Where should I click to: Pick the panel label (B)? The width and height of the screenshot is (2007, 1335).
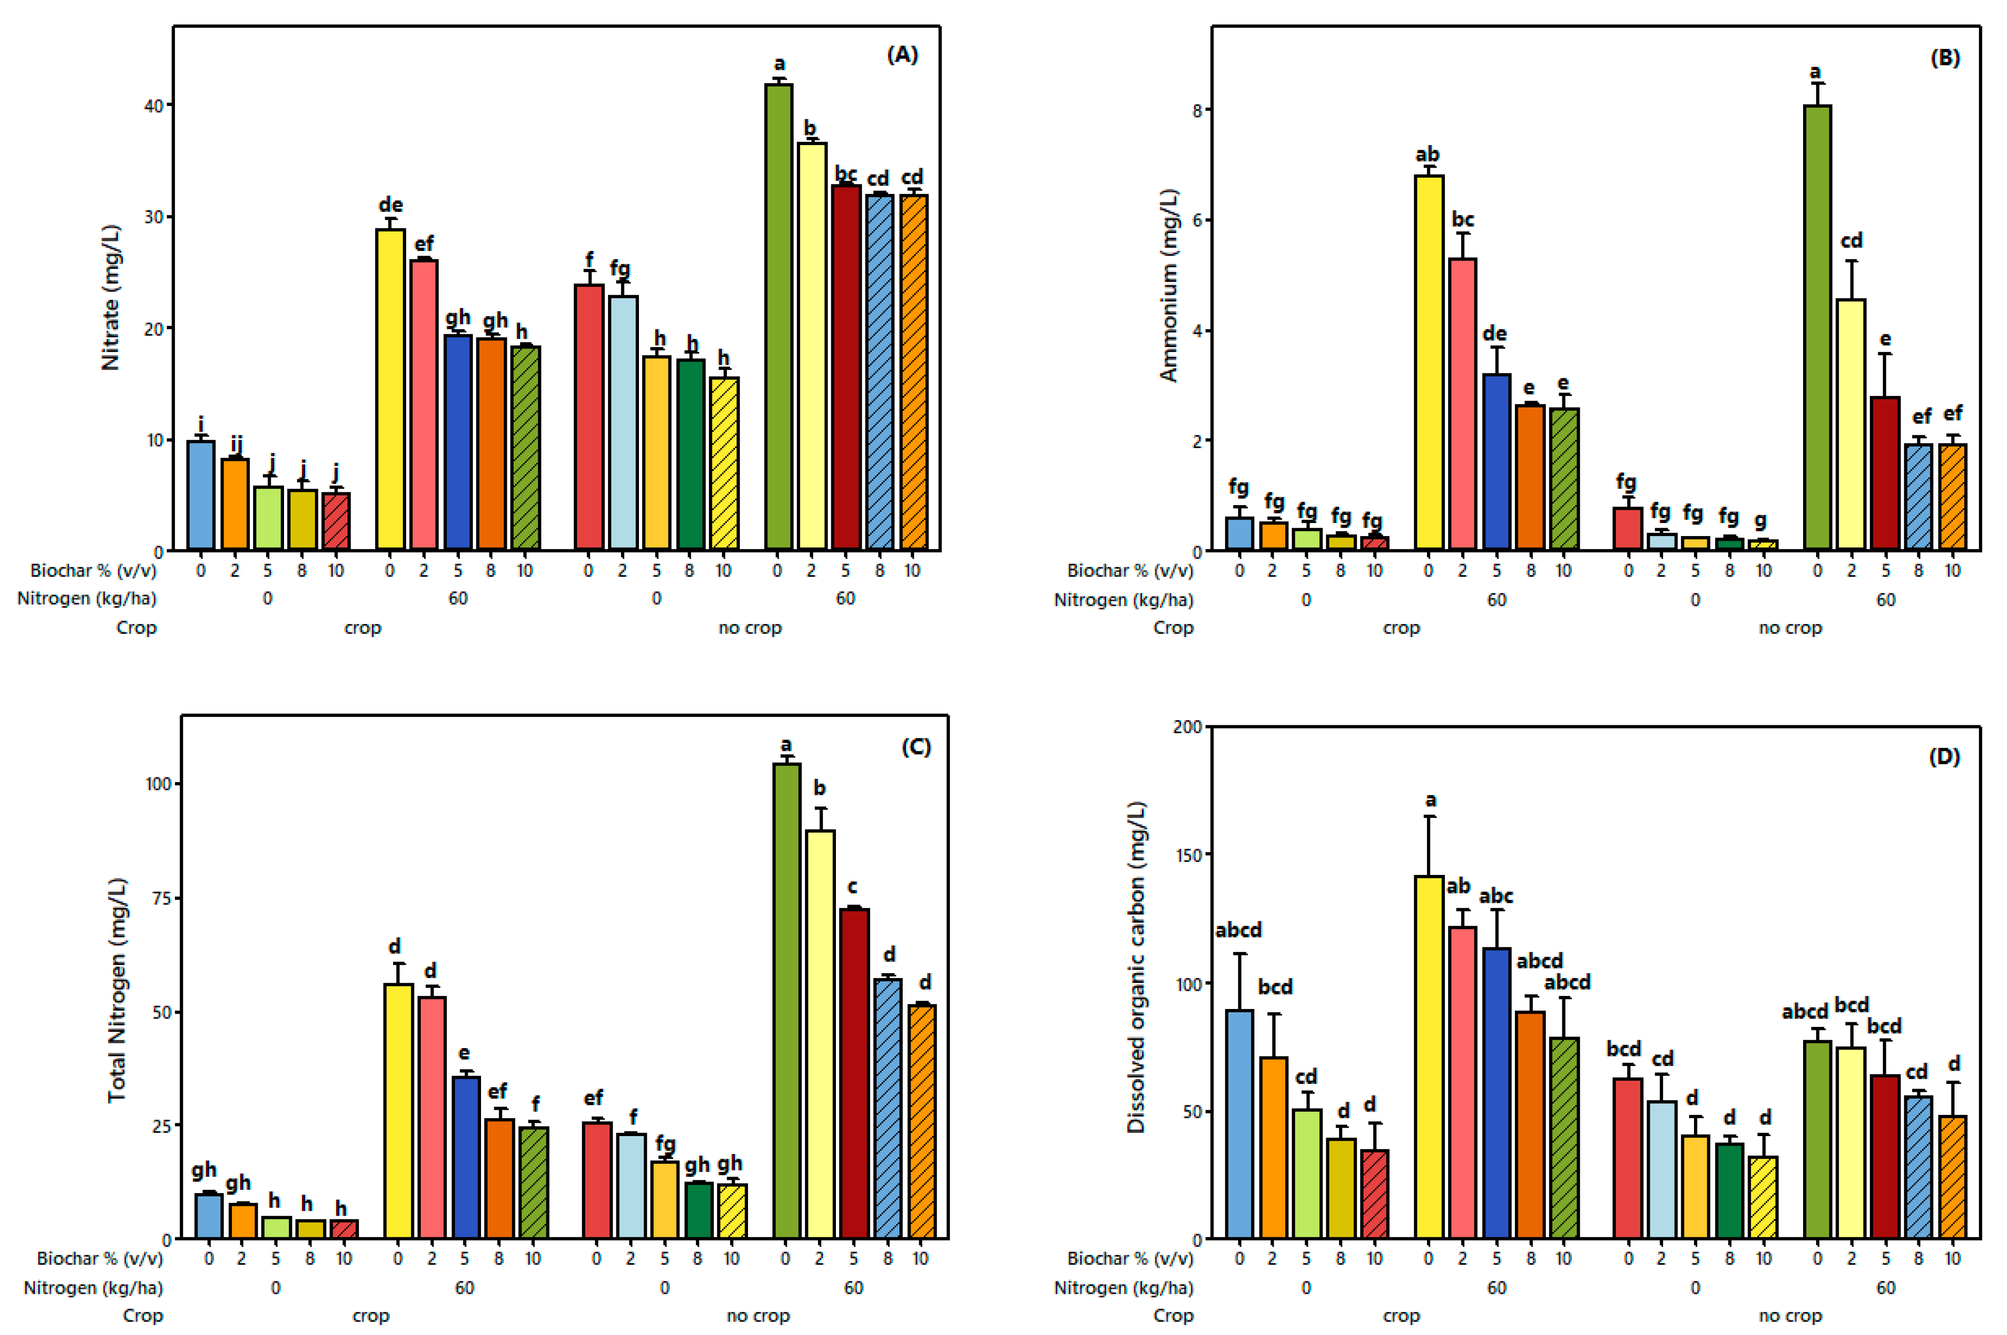point(1944,58)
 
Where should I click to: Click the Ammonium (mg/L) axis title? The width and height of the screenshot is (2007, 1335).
point(1169,285)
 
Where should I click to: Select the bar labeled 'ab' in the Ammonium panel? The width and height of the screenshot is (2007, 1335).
point(1428,362)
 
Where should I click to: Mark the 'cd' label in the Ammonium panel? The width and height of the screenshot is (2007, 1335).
point(1851,241)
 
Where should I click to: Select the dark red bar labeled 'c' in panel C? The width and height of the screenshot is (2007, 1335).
point(854,1073)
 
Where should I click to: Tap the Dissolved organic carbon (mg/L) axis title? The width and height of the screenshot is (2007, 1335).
point(1136,966)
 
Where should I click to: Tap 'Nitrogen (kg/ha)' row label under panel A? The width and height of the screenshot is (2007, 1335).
point(87,599)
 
